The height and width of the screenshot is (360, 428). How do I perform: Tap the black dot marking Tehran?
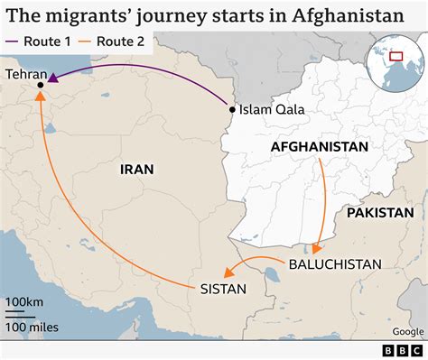click(x=42, y=86)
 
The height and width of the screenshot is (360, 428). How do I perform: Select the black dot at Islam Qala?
click(x=233, y=110)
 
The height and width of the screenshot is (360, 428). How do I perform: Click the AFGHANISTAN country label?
click(x=320, y=146)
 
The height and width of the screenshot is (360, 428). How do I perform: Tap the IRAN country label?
click(x=136, y=169)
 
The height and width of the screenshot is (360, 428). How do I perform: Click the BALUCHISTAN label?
click(x=335, y=264)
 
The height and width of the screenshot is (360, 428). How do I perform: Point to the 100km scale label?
click(x=25, y=300)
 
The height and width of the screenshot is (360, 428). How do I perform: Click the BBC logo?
click(x=400, y=348)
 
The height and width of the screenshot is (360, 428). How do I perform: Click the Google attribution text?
click(x=407, y=330)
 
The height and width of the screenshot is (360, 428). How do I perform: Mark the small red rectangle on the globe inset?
click(x=395, y=56)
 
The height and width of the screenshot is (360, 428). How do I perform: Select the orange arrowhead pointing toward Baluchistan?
click(x=318, y=247)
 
